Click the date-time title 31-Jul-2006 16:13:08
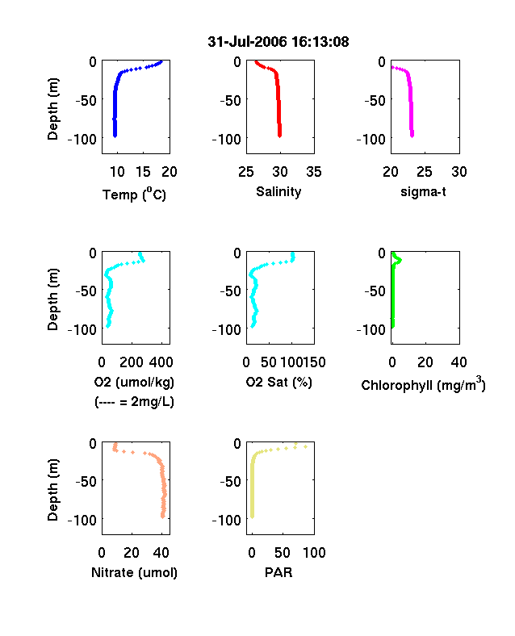278,42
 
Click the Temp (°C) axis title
134,195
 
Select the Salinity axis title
278,191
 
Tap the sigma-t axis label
423,191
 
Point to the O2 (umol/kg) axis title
134,382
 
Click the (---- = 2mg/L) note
134,402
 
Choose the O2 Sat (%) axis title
279,382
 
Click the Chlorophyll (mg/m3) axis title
423,384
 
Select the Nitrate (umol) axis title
134,572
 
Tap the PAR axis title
278,572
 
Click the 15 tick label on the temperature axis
143,172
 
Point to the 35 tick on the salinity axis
314,172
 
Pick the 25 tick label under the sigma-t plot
425,172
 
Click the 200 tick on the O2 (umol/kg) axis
132,362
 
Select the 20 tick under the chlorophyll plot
425,362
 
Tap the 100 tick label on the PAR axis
314,552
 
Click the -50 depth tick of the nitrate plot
86,482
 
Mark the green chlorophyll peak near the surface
399,260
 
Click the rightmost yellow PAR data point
305,446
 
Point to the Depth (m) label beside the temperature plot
52,109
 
